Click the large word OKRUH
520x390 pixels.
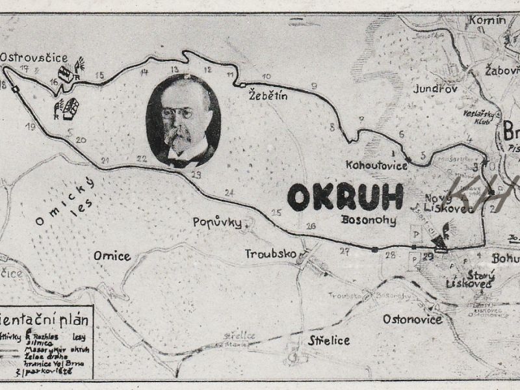coord(345,197)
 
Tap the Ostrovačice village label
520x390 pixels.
coord(34,57)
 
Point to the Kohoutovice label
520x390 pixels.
coord(377,165)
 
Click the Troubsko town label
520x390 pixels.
coord(270,252)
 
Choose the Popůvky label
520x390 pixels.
coord(217,222)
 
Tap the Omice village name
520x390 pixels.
coord(112,255)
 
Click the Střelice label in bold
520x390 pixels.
coord(329,340)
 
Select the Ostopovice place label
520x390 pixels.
coord(412,319)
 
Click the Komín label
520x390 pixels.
coord(486,20)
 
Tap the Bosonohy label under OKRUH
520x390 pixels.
coord(369,220)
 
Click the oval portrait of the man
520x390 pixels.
coord(183,120)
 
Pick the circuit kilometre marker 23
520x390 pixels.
coord(196,174)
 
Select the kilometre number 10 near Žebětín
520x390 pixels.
coord(266,76)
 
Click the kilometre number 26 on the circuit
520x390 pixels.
coord(311,226)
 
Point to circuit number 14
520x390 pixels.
coord(144,71)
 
